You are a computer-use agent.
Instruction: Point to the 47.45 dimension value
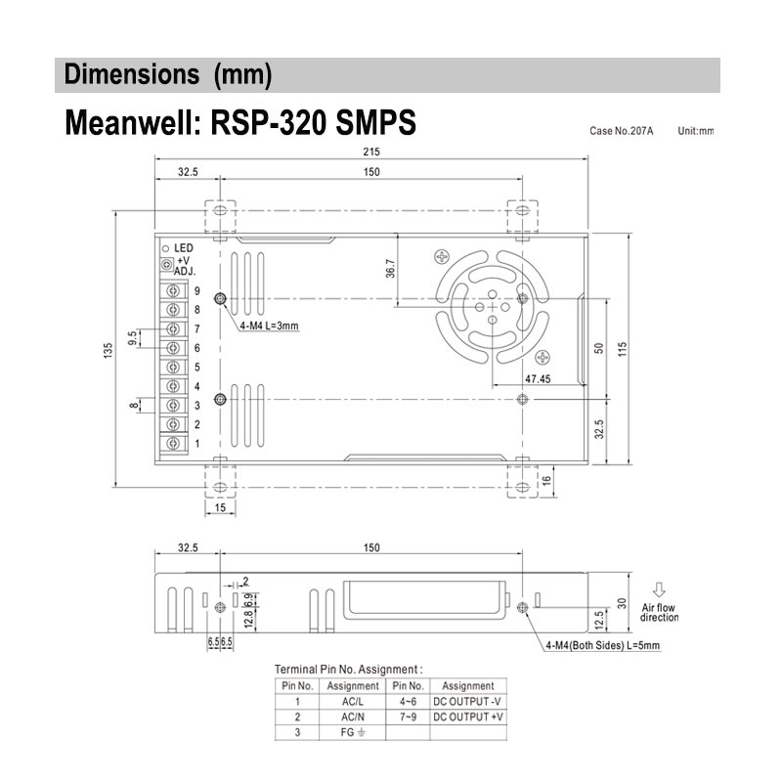click(x=537, y=378)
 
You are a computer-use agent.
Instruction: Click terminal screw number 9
click(x=175, y=291)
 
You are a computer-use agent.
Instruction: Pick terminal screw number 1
click(x=175, y=444)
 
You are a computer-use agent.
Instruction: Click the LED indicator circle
click(x=166, y=248)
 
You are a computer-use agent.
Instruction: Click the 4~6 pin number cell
click(x=409, y=701)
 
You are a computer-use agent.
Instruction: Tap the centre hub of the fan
click(x=486, y=305)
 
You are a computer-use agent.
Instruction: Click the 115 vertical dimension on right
click(x=622, y=349)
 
